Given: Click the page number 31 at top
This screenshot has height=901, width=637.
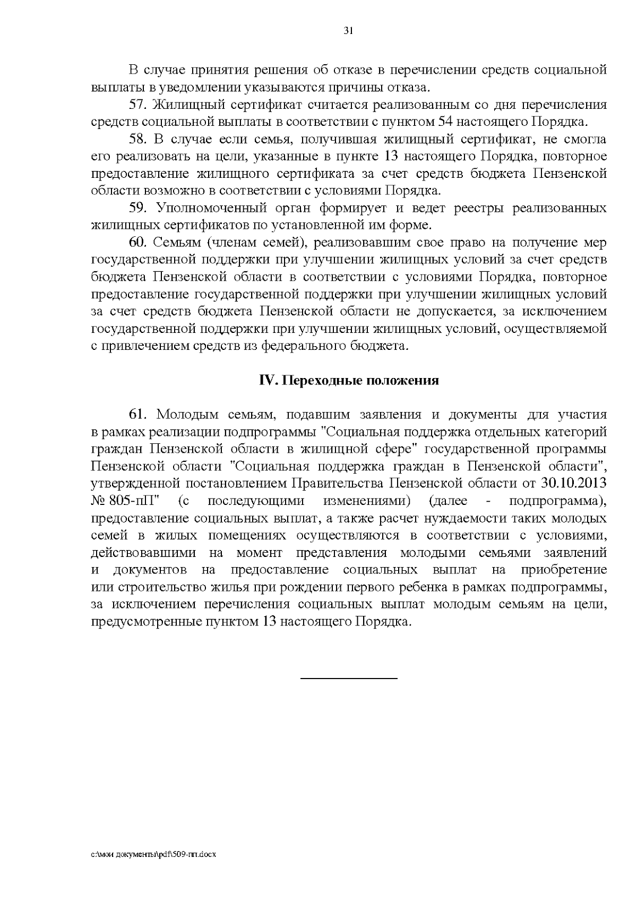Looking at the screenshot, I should pos(348,31).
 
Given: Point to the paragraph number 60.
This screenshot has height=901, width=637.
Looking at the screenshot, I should pos(137,243).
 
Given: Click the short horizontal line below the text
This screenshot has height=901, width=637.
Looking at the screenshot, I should pos(349,679).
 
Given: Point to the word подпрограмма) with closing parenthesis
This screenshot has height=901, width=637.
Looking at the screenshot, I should pos(557,501).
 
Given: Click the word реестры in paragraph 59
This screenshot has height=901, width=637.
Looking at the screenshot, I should pos(478,208).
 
